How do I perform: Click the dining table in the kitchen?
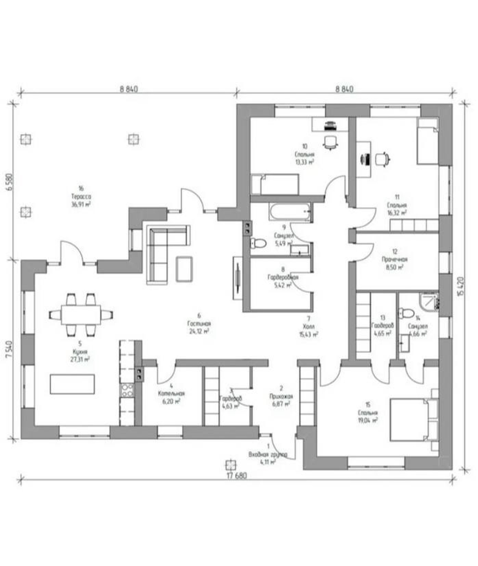81,315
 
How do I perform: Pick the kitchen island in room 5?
72,384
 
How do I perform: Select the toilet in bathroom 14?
407,313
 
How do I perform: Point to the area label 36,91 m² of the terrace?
80,203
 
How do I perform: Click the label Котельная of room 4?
172,394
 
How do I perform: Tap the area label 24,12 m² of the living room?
199,330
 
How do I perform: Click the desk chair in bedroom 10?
330,142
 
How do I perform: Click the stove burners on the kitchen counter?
127,390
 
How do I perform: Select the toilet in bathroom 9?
259,243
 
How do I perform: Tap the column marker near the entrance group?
230,465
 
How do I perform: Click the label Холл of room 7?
309,326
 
